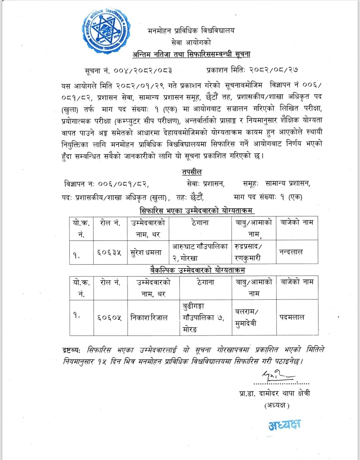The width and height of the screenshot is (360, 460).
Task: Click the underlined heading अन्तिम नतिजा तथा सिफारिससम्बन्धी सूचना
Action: click(191, 54)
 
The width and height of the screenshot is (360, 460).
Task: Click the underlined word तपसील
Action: click(192, 172)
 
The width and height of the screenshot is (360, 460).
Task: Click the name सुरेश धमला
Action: click(146, 253)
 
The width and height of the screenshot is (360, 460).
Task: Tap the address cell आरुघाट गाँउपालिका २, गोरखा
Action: click(200, 252)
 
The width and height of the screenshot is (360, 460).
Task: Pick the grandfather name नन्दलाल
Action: click(291, 252)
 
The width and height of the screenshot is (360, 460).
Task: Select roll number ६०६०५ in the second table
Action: click(109, 318)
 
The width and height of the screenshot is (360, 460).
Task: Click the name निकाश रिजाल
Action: click(149, 318)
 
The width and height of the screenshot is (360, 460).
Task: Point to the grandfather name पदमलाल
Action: click(292, 317)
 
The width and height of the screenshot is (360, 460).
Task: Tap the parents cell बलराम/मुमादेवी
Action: click(246, 318)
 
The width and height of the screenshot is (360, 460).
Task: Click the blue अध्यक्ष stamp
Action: click(284, 425)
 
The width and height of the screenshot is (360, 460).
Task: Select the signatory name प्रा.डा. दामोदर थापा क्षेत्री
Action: click(275, 394)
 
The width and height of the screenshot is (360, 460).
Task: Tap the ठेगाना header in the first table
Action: click(200, 222)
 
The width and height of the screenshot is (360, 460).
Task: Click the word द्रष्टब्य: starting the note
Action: click(71, 350)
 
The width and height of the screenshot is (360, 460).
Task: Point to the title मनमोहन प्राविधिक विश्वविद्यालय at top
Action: click(191, 31)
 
